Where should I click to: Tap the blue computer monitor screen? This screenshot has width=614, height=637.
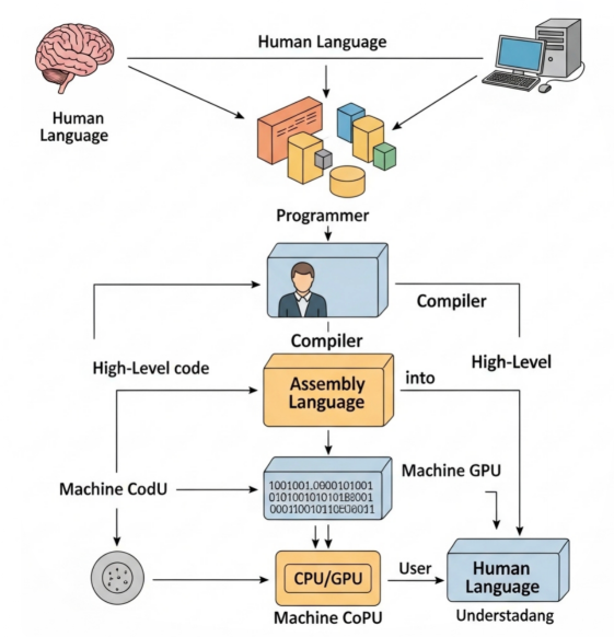pos(520,51)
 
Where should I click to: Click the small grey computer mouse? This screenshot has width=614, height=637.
pos(544,88)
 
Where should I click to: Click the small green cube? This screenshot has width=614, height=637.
pos(384,155)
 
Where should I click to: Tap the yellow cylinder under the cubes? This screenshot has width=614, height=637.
pos(347,181)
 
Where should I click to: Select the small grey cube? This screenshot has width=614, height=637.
pos(323,159)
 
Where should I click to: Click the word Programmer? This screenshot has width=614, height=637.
pos(322,215)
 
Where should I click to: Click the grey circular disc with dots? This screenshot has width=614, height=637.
pos(117,579)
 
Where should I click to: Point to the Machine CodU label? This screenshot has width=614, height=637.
pos(113,489)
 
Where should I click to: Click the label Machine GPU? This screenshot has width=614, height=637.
pos(451,470)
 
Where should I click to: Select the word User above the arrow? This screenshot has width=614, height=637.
pos(415,568)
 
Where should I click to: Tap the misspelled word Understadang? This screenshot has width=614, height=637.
pos(505,616)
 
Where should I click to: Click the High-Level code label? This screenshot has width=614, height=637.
pos(150,368)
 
